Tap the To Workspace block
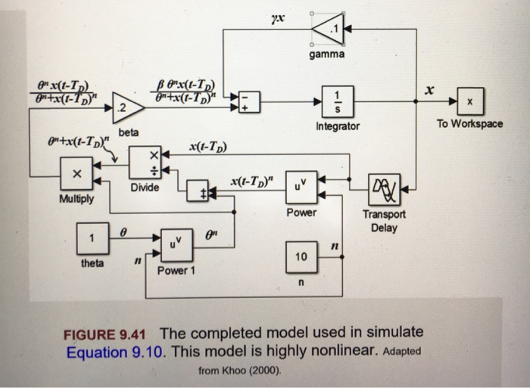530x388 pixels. (x=469, y=101)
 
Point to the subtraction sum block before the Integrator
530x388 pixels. (x=249, y=101)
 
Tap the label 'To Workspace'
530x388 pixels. (x=469, y=123)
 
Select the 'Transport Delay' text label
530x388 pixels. (x=384, y=221)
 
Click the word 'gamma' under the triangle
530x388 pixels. (x=326, y=55)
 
